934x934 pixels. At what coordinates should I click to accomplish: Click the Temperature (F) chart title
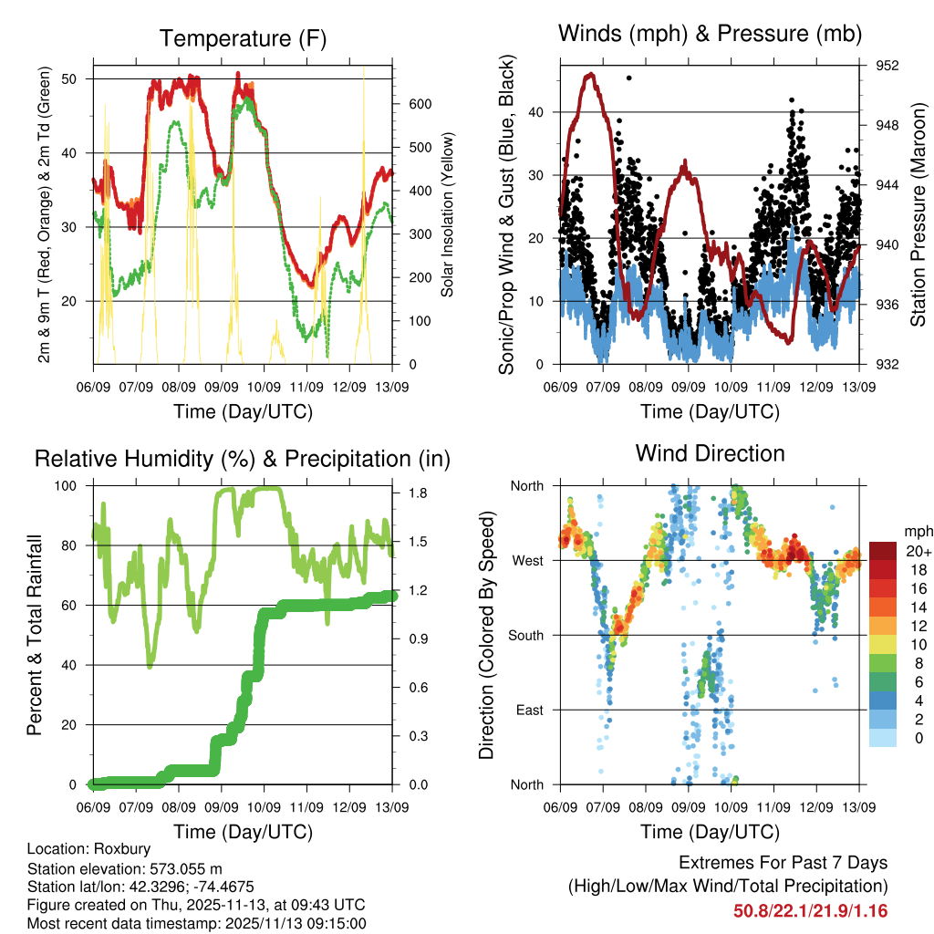pos(243,38)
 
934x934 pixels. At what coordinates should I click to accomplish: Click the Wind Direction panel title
pos(710,453)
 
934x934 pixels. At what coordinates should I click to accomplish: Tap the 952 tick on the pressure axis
pos(887,66)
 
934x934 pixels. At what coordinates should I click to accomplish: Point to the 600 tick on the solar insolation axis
pos(419,104)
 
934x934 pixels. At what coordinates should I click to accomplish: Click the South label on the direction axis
pos(526,635)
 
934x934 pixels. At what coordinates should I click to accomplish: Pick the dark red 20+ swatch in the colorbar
pos(884,551)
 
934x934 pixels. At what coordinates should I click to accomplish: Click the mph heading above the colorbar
pos(916,531)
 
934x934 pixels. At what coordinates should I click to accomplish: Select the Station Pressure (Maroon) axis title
pos(918,214)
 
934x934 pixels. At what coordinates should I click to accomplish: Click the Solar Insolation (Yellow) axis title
pos(448,215)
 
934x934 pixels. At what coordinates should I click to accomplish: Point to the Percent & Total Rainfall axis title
pos(35,636)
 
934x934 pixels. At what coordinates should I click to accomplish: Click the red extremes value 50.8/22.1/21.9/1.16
pos(810,910)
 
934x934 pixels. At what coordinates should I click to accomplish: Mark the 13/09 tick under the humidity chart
pos(392,808)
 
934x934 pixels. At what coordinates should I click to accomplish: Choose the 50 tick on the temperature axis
pos(69,78)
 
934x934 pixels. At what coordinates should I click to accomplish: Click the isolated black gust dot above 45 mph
pos(629,78)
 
